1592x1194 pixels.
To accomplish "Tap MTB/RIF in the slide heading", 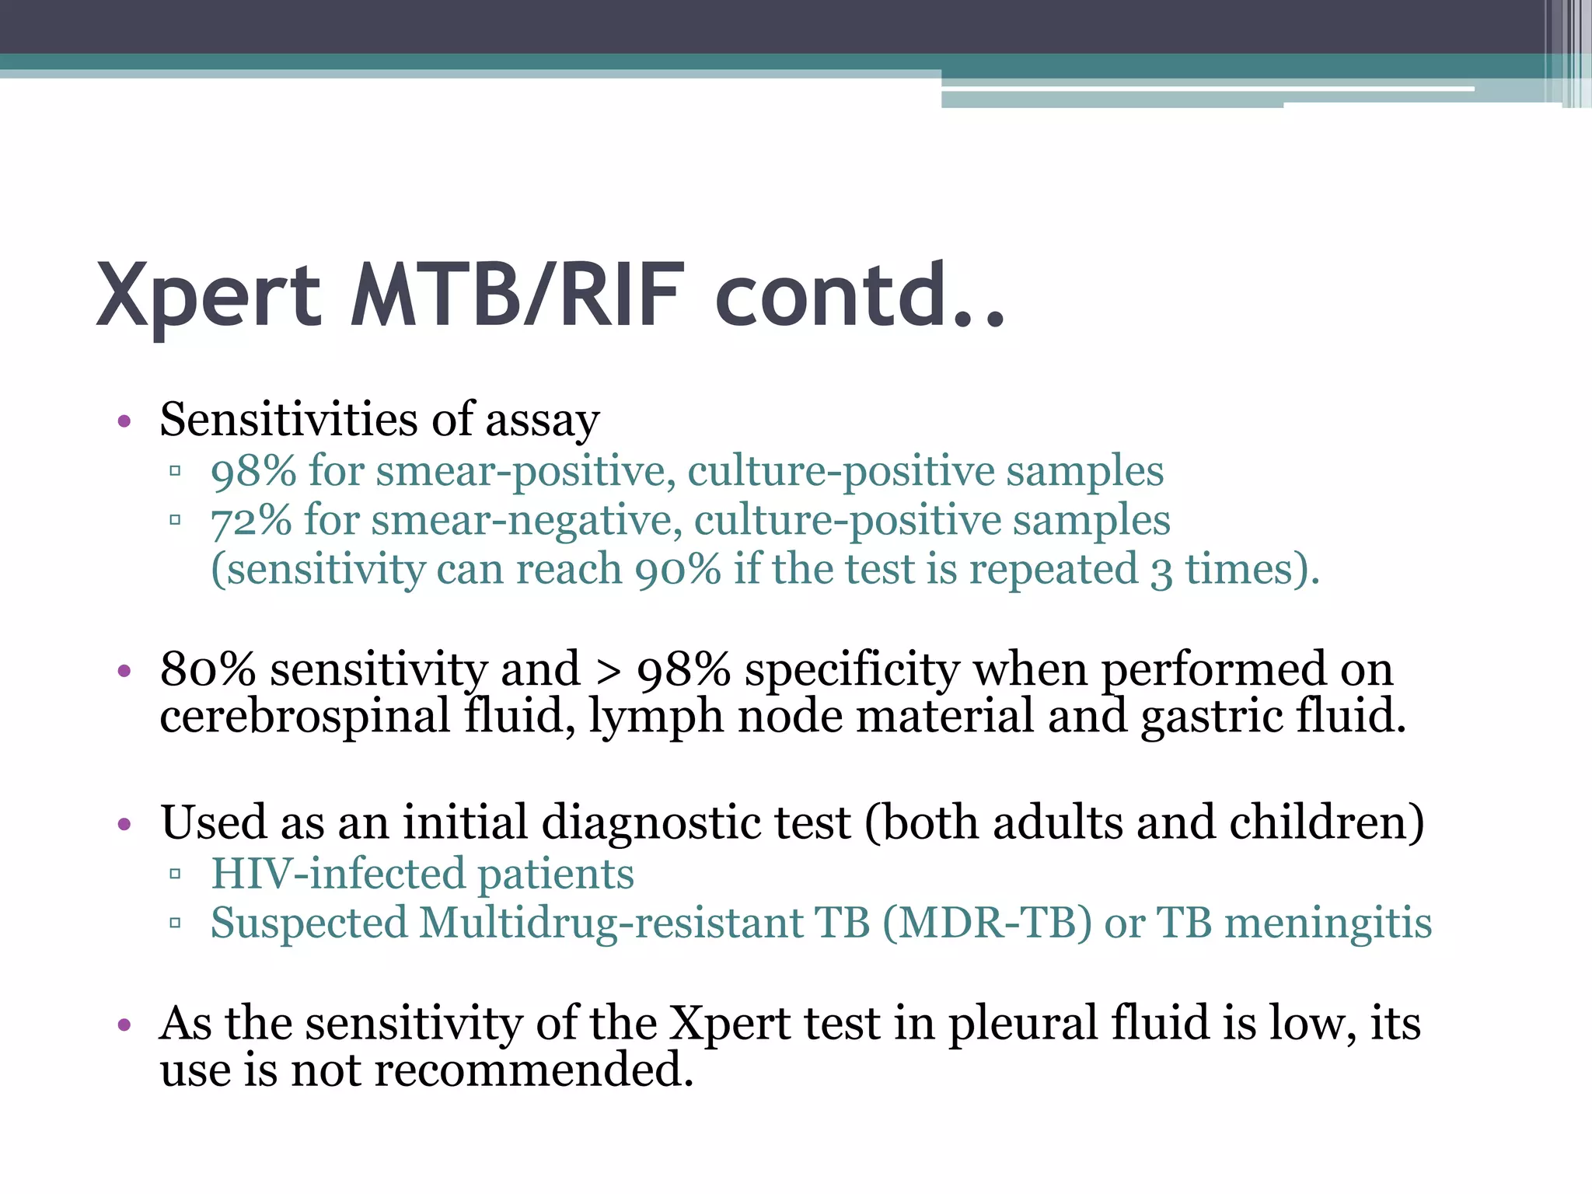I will [518, 295].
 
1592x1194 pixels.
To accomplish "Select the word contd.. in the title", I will [860, 295].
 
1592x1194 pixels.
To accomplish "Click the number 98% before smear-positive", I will [253, 471].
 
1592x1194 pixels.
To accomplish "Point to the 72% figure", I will [251, 520].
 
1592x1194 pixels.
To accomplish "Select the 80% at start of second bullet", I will [208, 669].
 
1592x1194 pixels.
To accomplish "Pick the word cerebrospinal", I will [305, 716].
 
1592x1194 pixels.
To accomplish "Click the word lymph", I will [656, 717].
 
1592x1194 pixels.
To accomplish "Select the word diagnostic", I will [696, 823].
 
